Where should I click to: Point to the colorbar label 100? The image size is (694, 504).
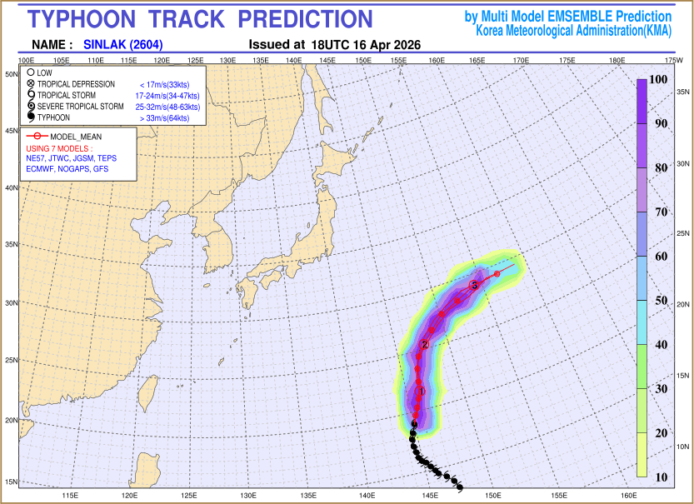click(659, 79)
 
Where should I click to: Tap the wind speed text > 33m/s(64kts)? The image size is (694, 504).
click(165, 119)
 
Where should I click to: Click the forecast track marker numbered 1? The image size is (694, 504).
click(419, 391)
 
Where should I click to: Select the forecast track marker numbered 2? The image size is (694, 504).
click(425, 344)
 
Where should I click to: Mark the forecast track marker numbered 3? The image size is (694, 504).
click(474, 285)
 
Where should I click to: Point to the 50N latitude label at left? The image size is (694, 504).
click(12, 74)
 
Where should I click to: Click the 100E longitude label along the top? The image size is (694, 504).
click(26, 60)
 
